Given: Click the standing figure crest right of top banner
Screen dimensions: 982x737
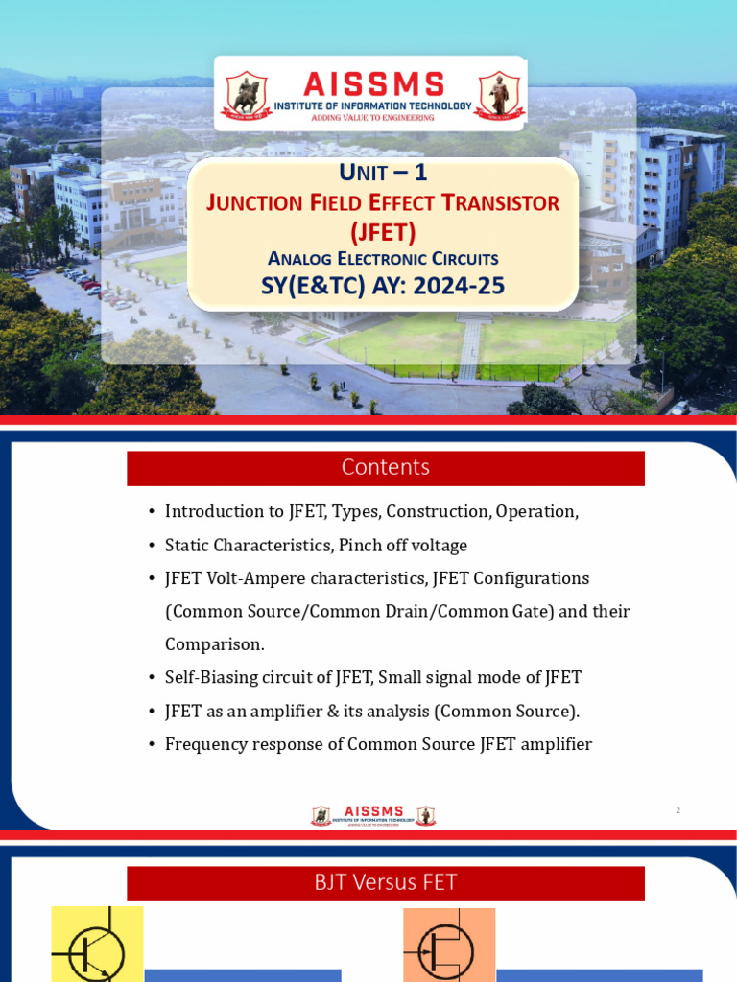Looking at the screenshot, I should (x=499, y=96).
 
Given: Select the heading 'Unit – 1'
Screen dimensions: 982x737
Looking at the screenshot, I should (x=383, y=174).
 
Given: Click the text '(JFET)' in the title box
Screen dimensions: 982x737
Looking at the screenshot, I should (x=383, y=231).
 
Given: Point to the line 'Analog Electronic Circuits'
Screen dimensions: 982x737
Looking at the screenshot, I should (x=383, y=258).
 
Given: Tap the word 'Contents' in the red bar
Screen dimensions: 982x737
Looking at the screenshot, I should (x=385, y=467).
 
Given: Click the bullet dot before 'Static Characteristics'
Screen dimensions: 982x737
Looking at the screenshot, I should (x=152, y=546).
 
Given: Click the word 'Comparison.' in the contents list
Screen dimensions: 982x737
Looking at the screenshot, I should (x=214, y=644).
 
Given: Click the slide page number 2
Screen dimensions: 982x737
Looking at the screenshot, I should (x=678, y=810).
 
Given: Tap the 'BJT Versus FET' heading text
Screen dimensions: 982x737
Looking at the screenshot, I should (x=385, y=882).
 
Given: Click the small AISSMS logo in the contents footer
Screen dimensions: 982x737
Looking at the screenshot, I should (x=373, y=816).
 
